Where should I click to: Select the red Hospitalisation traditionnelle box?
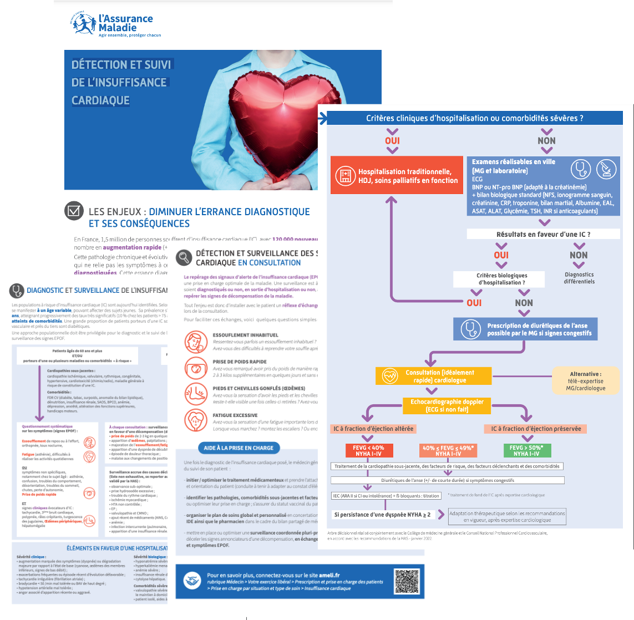point(397,176)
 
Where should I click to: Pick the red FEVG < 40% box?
point(369,450)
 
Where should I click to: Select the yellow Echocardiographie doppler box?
point(447,405)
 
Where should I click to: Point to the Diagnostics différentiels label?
point(579,278)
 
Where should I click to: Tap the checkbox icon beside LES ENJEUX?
point(73,211)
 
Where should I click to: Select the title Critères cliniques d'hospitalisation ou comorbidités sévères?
point(474,118)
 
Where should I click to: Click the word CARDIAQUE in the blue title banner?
point(100,100)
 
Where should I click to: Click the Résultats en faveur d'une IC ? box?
point(542,235)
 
